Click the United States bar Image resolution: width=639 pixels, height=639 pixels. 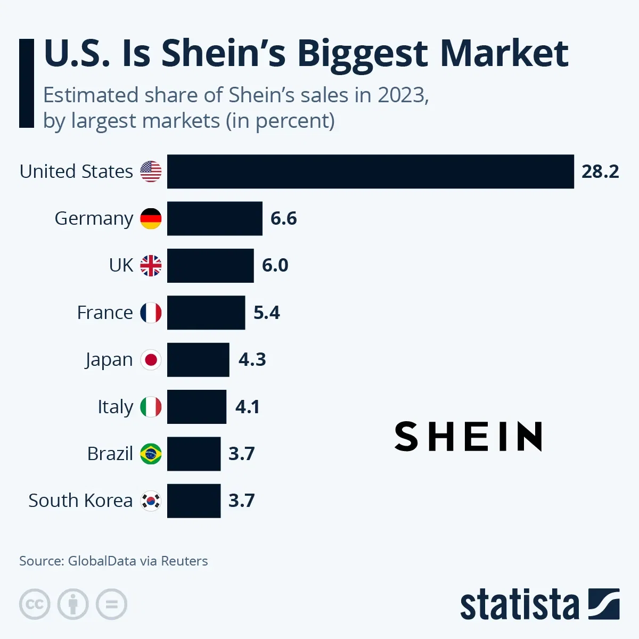(x=370, y=171)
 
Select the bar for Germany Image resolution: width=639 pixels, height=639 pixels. (x=215, y=218)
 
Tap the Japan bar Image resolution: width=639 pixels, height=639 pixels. (x=198, y=360)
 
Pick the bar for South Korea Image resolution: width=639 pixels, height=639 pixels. (x=194, y=501)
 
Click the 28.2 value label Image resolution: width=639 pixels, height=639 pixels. (x=600, y=171)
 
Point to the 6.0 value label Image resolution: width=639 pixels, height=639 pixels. (x=275, y=265)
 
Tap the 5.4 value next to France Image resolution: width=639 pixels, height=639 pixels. (x=266, y=313)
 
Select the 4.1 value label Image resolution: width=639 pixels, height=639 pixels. (x=248, y=407)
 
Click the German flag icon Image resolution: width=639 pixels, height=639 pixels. (x=151, y=218)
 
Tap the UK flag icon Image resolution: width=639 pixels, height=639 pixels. (x=151, y=265)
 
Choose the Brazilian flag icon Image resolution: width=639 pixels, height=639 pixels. (x=151, y=454)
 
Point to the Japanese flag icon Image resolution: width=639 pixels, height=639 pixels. (x=151, y=360)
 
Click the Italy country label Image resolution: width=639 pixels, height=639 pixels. (x=115, y=407)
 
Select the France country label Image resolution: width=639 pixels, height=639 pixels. (x=105, y=313)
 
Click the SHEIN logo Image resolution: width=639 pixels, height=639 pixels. (x=468, y=437)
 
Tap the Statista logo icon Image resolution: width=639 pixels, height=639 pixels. (x=603, y=604)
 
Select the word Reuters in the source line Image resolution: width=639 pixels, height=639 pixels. (x=184, y=561)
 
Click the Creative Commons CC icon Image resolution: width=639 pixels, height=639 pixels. (x=35, y=604)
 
